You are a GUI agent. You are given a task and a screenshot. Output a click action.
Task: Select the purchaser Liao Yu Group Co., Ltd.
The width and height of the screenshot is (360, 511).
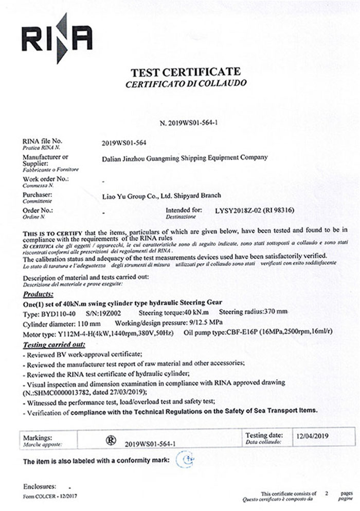point(162,196)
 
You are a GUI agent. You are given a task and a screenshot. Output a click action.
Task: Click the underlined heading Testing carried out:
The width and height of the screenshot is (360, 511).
point(55,344)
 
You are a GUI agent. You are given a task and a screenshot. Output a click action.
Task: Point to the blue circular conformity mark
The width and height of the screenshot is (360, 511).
point(186,459)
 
